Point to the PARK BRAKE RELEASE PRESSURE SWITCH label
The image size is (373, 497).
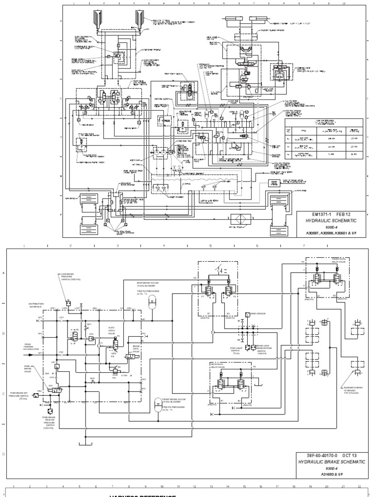48,422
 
